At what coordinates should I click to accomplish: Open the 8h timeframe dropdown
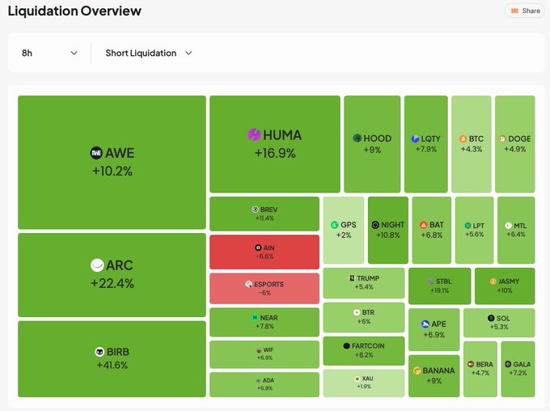click(49, 53)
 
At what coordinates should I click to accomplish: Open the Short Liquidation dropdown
click(149, 53)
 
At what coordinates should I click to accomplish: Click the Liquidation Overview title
click(74, 11)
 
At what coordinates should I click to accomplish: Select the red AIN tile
click(264, 252)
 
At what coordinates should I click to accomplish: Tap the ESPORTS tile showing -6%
click(264, 289)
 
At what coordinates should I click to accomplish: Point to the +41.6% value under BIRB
click(112, 365)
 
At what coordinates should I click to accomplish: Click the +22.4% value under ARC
click(112, 283)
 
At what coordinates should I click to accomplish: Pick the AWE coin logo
click(96, 153)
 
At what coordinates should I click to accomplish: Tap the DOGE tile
click(514, 144)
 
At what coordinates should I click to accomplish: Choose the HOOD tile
click(372, 144)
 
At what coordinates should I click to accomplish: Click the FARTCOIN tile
click(363, 350)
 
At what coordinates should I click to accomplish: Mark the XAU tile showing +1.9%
click(363, 383)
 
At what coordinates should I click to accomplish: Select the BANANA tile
click(434, 375)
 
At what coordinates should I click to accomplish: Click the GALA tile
click(517, 368)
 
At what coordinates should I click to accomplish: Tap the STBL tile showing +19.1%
click(439, 286)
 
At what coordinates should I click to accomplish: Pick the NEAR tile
click(264, 322)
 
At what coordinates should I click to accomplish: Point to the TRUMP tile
click(363, 282)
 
